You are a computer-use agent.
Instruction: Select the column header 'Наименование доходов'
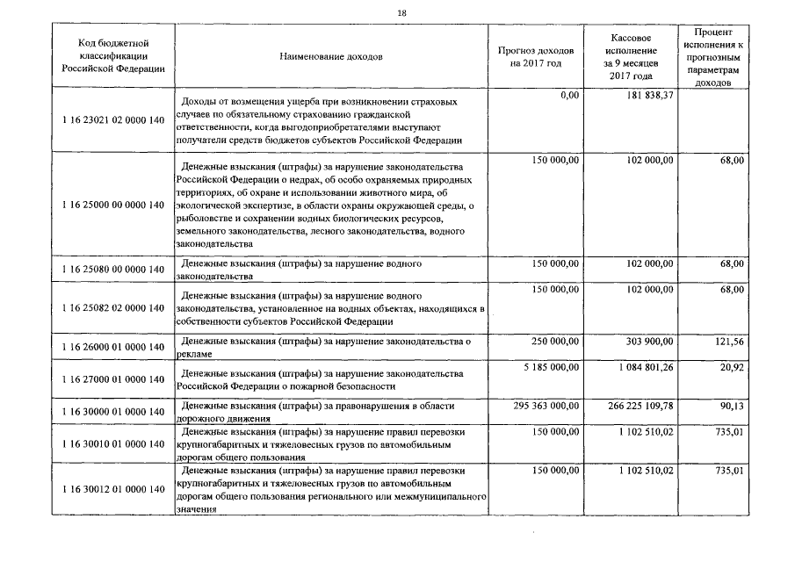point(331,57)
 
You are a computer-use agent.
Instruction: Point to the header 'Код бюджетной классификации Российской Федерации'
point(113,56)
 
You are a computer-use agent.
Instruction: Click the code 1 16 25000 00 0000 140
point(114,205)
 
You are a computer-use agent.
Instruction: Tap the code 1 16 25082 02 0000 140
point(114,307)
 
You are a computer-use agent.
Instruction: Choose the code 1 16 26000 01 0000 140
point(114,347)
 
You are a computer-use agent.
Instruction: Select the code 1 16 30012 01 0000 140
point(114,488)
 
